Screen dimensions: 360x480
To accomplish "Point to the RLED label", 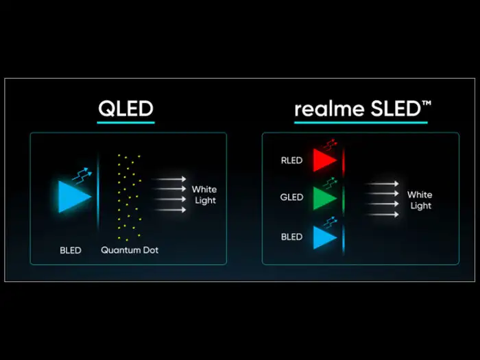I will [291, 161].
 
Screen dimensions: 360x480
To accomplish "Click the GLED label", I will [291, 197].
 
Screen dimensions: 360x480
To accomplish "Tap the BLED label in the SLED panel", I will [291, 237].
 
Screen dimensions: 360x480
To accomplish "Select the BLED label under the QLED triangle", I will [70, 250].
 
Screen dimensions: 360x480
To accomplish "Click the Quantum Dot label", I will [130, 250].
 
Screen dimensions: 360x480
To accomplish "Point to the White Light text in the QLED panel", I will [204, 195].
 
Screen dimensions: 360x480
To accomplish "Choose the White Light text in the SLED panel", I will [420, 200].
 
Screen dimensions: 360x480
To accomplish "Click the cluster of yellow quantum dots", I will [128, 192].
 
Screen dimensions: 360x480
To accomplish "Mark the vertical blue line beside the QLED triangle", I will [99, 195].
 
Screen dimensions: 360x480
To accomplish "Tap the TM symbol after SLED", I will [427, 103].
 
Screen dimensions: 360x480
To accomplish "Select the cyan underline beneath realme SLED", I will [363, 123].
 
